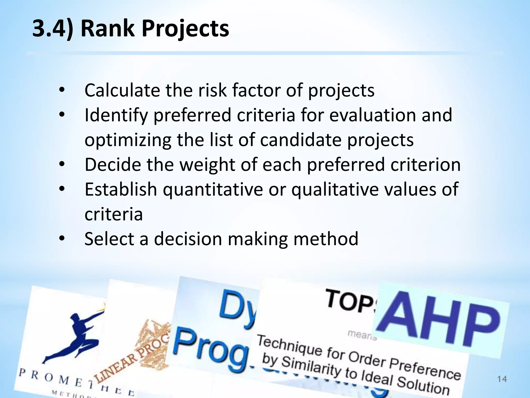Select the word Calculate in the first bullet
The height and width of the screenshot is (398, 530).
point(122,90)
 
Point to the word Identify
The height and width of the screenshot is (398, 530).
point(116,115)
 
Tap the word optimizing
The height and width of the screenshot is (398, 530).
point(128,140)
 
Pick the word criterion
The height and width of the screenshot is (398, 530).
point(425,165)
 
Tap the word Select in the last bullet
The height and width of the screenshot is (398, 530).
point(109,239)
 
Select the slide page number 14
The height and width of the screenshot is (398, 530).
point(502,379)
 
